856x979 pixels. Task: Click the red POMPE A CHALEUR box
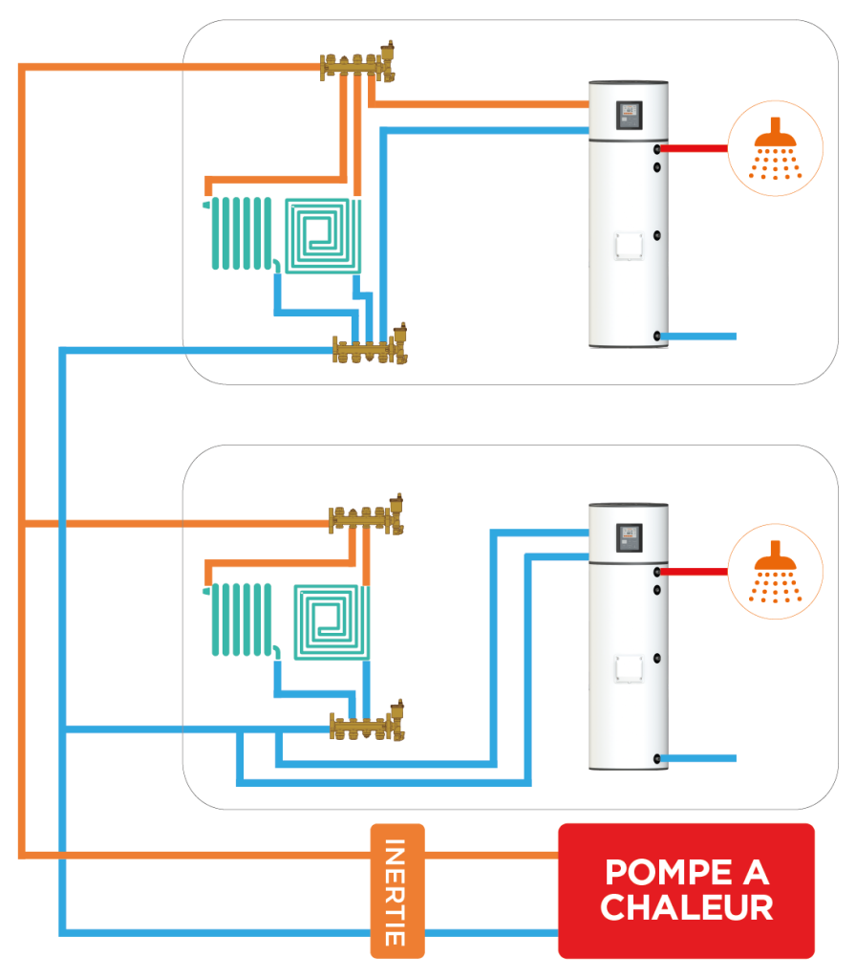pyautogui.click(x=686, y=890)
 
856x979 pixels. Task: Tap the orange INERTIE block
pyautogui.click(x=397, y=890)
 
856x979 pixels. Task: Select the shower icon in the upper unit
pyautogui.click(x=776, y=148)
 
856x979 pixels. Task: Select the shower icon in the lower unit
pyautogui.click(x=776, y=572)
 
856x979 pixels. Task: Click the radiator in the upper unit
pyautogui.click(x=241, y=233)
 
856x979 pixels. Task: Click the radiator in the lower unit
pyautogui.click(x=241, y=620)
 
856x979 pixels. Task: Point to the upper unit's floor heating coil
pyautogui.click(x=323, y=236)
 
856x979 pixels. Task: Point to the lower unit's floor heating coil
pyautogui.click(x=332, y=622)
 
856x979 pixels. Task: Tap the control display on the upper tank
pyautogui.click(x=629, y=116)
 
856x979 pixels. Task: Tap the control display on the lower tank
pyautogui.click(x=629, y=537)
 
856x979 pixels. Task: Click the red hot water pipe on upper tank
pyautogui.click(x=694, y=148)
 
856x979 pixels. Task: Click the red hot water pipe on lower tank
pyautogui.click(x=694, y=572)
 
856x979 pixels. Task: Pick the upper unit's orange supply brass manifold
pyautogui.click(x=357, y=63)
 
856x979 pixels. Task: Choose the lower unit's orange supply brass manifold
pyautogui.click(x=366, y=515)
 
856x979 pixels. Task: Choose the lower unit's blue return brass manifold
pyautogui.click(x=367, y=723)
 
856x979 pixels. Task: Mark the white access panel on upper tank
pyautogui.click(x=629, y=246)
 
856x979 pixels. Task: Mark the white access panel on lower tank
pyautogui.click(x=629, y=668)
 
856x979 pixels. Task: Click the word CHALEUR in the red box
pyautogui.click(x=686, y=907)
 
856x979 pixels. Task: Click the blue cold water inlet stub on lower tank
pyautogui.click(x=697, y=758)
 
